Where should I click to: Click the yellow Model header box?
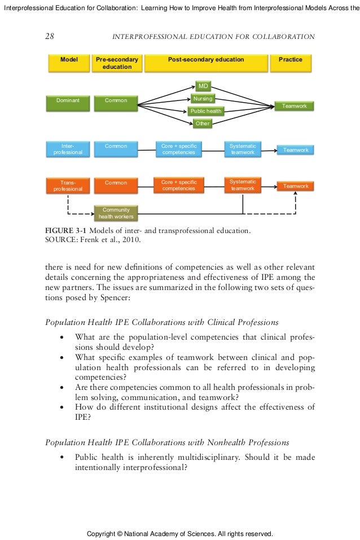69,63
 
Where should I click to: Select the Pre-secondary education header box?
117,63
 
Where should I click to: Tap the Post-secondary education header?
206,63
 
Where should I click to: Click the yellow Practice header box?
291,63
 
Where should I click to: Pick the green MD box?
203,86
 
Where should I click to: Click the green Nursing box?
203,99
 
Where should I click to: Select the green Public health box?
205,111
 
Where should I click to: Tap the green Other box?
202,123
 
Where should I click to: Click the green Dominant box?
68,103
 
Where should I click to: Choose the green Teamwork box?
294,106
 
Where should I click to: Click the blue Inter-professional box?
68,149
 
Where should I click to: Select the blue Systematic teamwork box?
243,149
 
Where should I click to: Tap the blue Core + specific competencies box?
179,149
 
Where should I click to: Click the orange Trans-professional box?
68,186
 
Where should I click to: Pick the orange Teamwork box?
296,186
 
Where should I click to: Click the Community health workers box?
116,213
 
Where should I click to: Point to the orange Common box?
116,186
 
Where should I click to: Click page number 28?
50,36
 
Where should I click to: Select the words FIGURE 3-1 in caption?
65,230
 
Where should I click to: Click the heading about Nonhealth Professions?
167,442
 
